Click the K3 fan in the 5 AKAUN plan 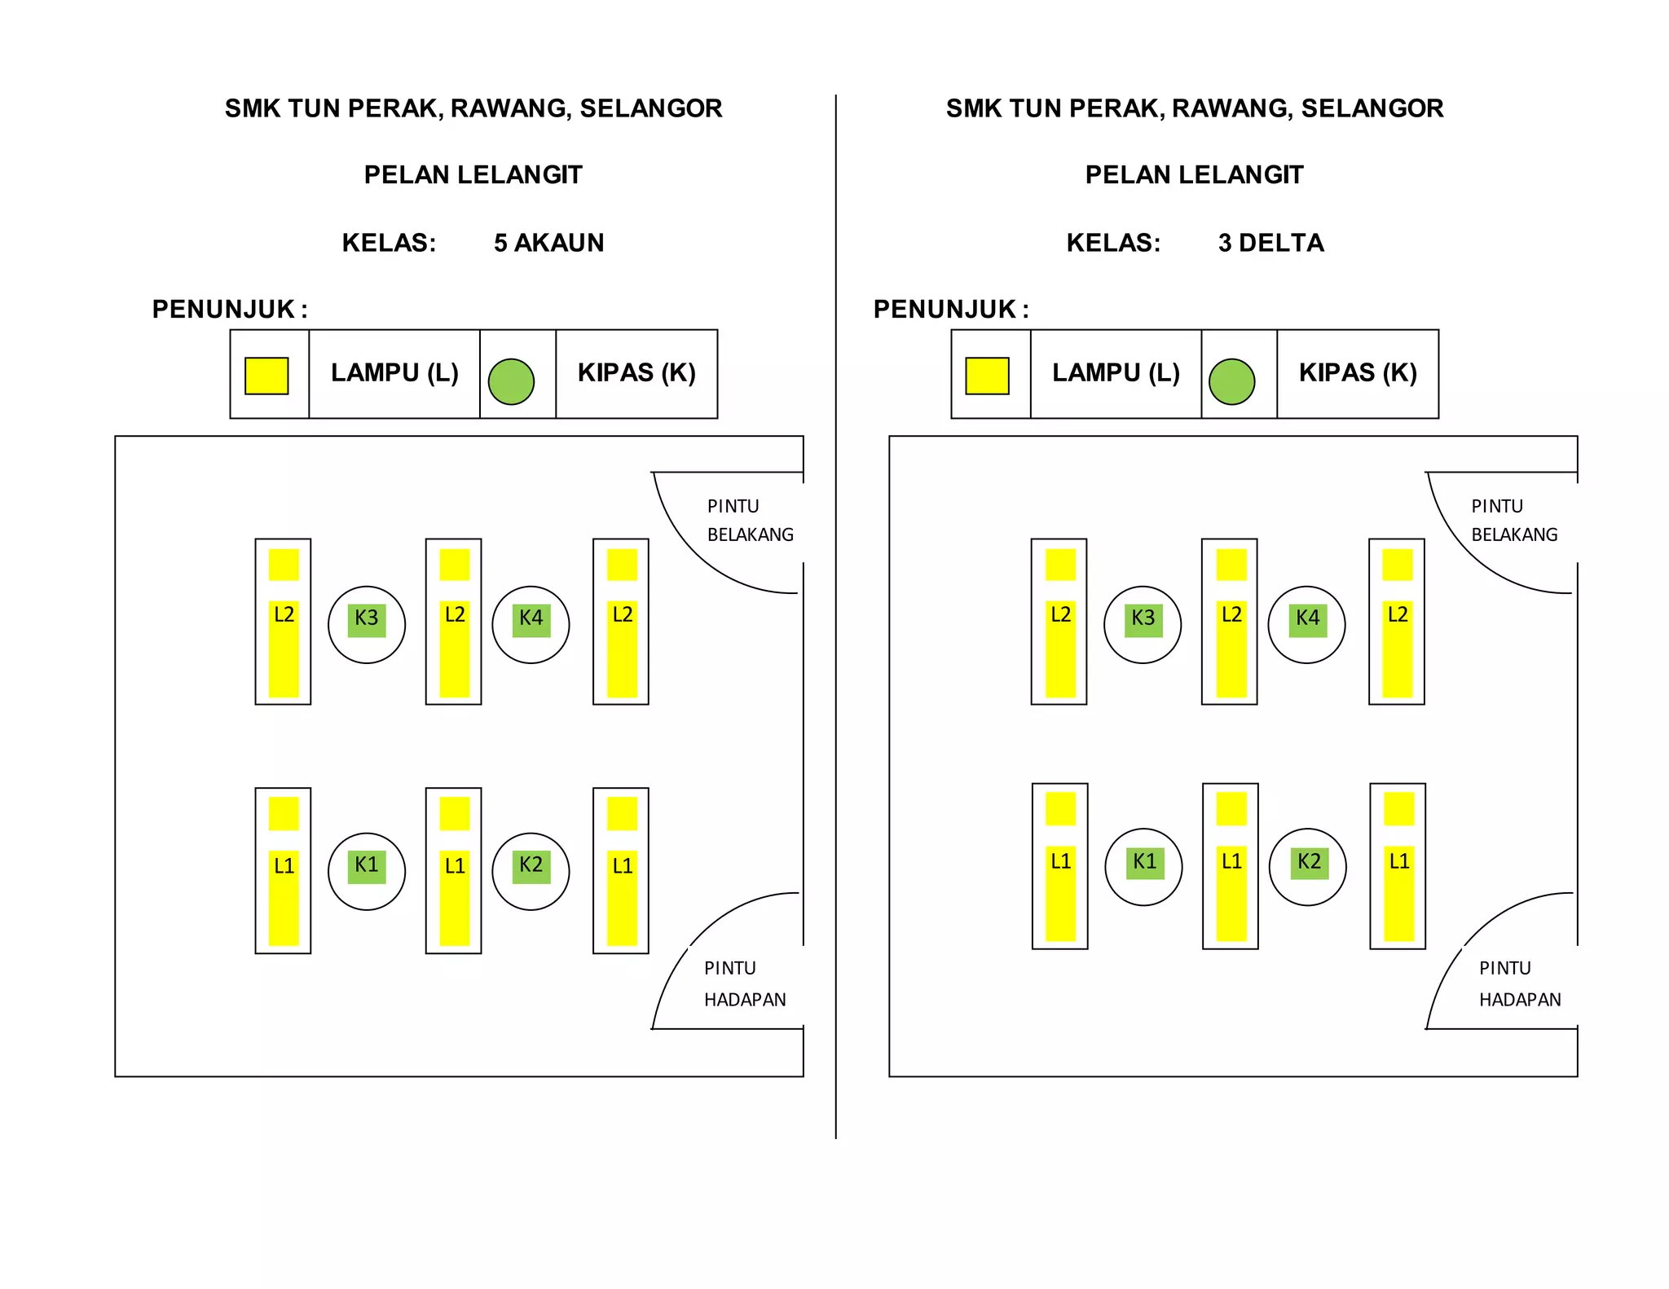coord(367,625)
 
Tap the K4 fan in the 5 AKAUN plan coord(531,625)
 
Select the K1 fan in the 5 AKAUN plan coord(367,871)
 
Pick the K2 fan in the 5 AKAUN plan coord(531,871)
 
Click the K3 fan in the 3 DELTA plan coord(1143,625)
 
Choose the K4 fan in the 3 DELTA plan coord(1307,625)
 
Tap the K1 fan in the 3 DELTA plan coord(1143,867)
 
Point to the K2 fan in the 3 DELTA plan coord(1308,867)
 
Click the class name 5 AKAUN coord(548,243)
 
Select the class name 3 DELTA coord(1271,243)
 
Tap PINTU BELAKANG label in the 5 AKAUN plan coord(750,521)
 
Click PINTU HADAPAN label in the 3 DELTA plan coord(1520,984)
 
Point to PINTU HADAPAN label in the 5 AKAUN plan coord(745,984)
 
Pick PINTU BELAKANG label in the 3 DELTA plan coord(1514,521)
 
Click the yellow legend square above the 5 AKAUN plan coord(266,376)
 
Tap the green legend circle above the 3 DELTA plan coord(1231,381)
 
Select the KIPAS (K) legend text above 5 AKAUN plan coord(636,373)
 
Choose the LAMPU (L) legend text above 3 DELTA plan coord(1116,373)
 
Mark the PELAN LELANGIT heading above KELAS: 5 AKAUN coord(473,175)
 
